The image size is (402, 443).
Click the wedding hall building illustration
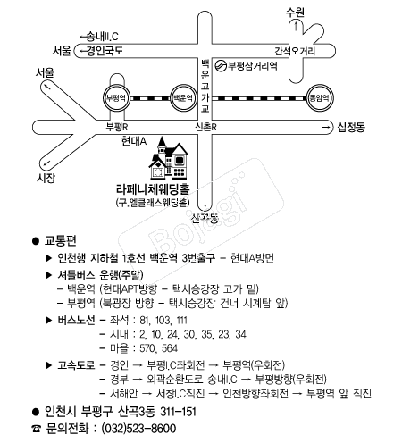point(169,158)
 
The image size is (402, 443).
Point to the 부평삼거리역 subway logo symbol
point(221,66)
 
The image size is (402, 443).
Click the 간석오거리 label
point(295,51)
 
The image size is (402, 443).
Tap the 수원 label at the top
point(295,13)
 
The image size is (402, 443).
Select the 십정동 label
point(351,127)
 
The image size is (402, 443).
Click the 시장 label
point(46,178)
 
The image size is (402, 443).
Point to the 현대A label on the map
point(134,141)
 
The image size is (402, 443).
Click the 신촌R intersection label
point(206,127)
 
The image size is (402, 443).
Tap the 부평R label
point(117,127)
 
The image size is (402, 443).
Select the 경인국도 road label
point(105,51)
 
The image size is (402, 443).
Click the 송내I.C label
point(103,37)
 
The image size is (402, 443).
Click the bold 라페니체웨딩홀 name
point(153,189)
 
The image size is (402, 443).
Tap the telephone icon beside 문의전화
point(36,429)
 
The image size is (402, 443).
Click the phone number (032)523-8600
point(138,429)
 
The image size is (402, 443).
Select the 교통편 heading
point(61,240)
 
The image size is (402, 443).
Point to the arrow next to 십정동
point(326,128)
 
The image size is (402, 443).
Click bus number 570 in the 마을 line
point(147,348)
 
